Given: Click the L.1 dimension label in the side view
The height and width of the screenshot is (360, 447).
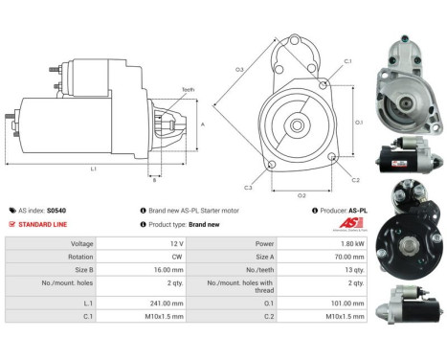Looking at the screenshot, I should click(x=93, y=169).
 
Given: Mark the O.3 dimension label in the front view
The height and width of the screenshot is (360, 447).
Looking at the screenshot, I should click(x=238, y=70).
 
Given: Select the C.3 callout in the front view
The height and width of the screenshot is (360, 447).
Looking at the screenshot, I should click(x=248, y=187).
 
